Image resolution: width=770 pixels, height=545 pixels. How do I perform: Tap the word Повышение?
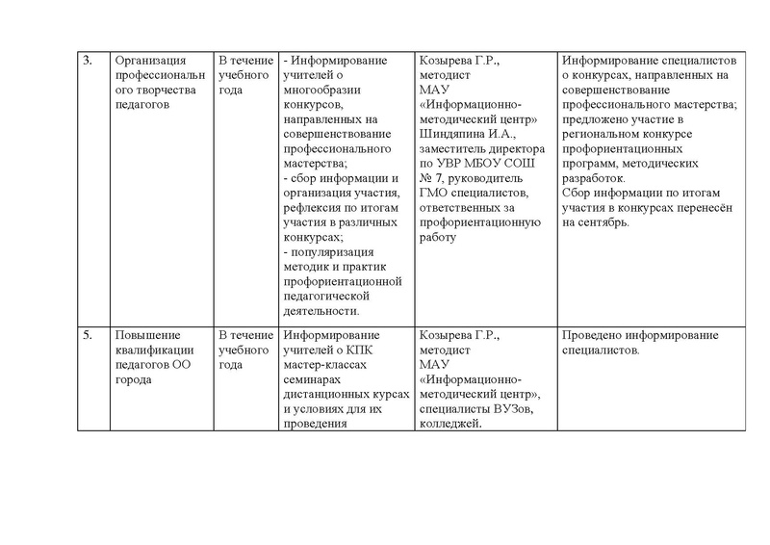click(x=146, y=334)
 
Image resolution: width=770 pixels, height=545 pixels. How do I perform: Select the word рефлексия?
click(x=315, y=207)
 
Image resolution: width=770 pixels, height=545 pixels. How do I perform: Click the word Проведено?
click(x=591, y=334)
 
